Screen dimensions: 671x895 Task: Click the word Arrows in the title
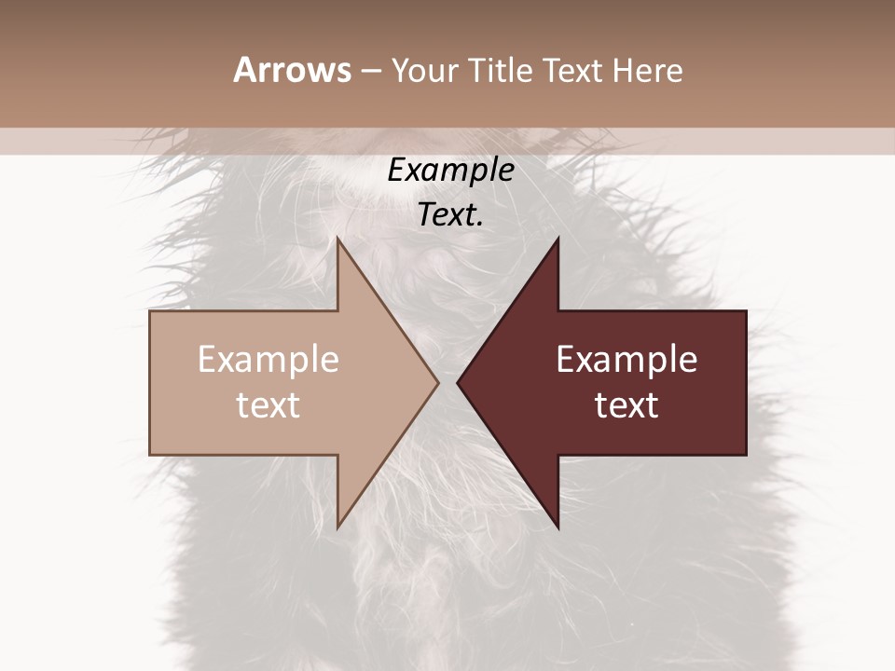(293, 70)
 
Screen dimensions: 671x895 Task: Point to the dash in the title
(370, 72)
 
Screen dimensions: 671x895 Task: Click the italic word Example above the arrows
(450, 171)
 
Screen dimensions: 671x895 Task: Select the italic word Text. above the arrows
(450, 215)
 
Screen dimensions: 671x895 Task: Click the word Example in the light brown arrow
(268, 360)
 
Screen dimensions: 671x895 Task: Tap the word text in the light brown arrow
(268, 405)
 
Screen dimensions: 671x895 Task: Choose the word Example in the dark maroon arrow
(626, 360)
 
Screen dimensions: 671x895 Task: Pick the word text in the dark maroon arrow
(626, 405)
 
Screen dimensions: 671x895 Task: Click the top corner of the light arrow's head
(337, 239)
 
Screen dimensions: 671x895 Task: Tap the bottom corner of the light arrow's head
(337, 527)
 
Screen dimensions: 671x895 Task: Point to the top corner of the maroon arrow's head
(558, 239)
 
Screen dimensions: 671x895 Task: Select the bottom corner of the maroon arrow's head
(558, 527)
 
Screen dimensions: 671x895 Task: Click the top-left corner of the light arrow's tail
(151, 311)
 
